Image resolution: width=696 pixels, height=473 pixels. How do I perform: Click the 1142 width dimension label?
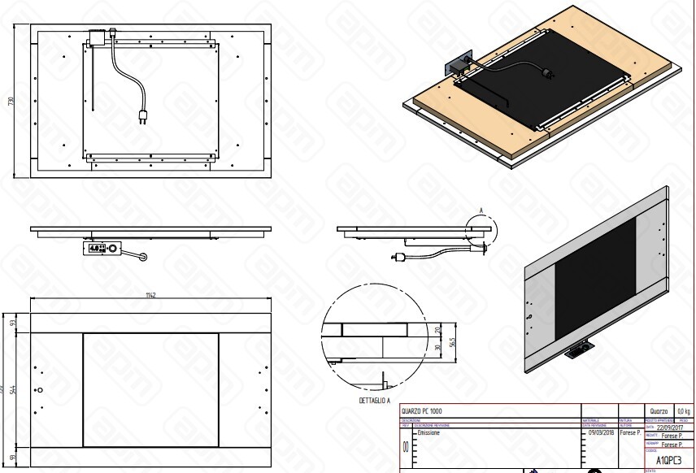[x=151, y=295]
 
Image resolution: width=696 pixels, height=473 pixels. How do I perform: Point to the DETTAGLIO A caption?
[x=375, y=401]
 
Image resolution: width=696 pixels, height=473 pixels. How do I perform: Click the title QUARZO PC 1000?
[x=420, y=411]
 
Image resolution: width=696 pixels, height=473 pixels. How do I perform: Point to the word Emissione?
[x=430, y=433]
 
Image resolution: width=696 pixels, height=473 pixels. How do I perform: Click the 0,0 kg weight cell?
[x=681, y=413]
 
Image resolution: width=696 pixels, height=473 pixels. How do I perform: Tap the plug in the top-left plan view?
[x=146, y=115]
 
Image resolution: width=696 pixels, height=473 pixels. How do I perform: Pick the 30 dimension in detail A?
[x=437, y=348]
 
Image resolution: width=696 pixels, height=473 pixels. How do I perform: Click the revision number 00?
[x=406, y=448]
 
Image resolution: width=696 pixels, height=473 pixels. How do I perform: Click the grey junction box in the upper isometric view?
[x=455, y=67]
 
